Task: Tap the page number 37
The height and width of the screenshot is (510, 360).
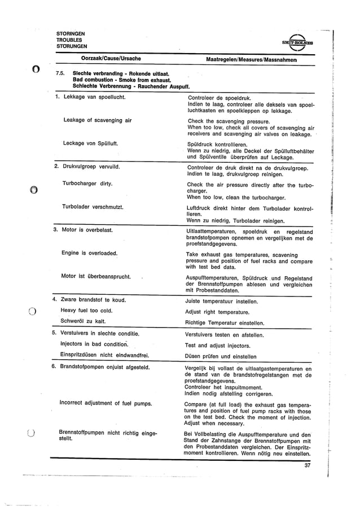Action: click(x=308, y=465)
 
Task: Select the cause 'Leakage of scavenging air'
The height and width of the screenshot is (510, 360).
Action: click(x=98, y=120)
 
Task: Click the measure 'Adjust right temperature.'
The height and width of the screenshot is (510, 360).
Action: click(x=217, y=311)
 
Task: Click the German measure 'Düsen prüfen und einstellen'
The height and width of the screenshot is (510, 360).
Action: click(x=221, y=356)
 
